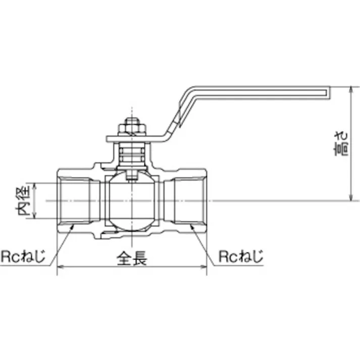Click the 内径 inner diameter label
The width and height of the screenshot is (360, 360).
(x=24, y=201)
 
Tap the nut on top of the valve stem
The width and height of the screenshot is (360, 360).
(x=131, y=126)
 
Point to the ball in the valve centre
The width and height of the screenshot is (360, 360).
(x=132, y=201)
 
